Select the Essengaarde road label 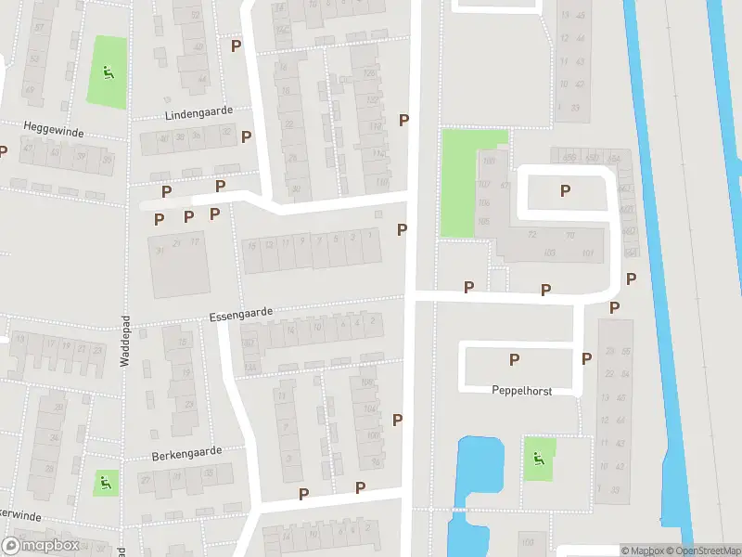(x=240, y=315)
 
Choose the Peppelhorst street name (x=521, y=392)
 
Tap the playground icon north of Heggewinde (x=107, y=71)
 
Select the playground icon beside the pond (x=537, y=458)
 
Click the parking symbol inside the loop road (x=565, y=191)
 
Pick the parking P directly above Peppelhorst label (x=514, y=359)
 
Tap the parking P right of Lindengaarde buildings (x=246, y=136)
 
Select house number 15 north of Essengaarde (x=251, y=245)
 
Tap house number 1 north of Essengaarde (x=371, y=236)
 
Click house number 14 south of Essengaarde (x=290, y=330)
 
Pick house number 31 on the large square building (x=160, y=249)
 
